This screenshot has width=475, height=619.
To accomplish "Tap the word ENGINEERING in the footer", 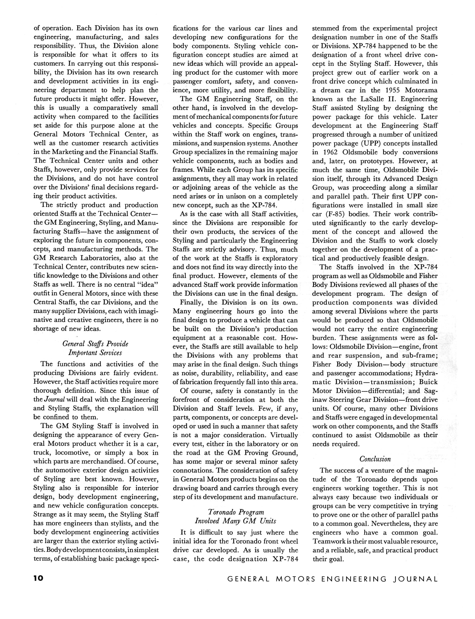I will click(x=354, y=579).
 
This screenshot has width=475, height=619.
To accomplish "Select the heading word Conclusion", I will click(x=375, y=459).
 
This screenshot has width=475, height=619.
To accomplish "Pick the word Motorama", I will click(x=421, y=90).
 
